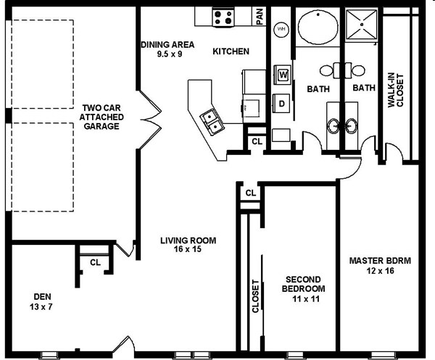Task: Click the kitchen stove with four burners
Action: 223,17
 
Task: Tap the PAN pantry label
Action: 260,17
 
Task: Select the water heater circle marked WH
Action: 281,29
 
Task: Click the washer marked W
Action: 283,75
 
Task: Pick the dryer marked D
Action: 281,104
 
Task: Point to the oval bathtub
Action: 318,27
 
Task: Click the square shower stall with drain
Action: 362,25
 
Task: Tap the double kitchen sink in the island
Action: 212,122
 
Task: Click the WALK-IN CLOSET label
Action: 396,90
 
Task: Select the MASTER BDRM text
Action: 380,261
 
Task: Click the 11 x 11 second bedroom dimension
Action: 306,299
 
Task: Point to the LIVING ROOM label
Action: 188,240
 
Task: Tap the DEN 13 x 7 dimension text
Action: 41,307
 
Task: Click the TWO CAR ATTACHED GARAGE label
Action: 101,117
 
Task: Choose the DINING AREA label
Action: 167,45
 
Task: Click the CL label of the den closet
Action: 95,262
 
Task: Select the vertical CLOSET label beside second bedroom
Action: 255,296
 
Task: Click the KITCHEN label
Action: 231,51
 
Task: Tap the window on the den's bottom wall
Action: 49,355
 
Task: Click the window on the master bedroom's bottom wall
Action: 381,355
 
